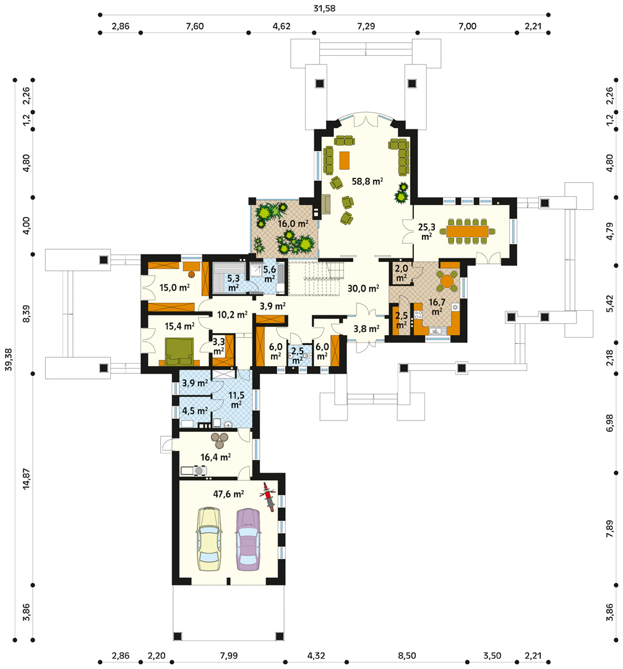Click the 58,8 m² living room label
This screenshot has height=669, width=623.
(x=367, y=181)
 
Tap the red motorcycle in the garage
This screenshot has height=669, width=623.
(x=268, y=497)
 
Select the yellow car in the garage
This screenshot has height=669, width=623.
(x=209, y=539)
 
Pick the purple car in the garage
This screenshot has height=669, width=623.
(x=248, y=540)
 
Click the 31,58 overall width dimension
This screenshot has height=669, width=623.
(x=324, y=8)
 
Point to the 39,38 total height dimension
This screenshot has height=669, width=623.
(x=9, y=360)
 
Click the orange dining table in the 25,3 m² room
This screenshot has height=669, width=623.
(x=468, y=231)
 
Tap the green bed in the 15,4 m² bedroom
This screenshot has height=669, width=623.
(x=179, y=352)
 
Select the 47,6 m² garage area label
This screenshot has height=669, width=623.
(x=228, y=494)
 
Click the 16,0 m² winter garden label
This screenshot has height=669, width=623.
(x=293, y=224)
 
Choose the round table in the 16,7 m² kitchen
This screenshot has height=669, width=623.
(x=447, y=281)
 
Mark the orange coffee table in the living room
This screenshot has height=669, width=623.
(x=345, y=160)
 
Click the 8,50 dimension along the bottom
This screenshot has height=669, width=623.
(x=407, y=655)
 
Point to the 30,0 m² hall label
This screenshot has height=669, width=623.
(x=363, y=289)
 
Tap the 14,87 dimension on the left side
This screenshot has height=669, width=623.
(x=27, y=479)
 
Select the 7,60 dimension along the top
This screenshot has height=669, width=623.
(x=195, y=26)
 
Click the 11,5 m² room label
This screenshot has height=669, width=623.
(x=236, y=400)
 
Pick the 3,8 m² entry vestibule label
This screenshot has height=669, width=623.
(x=366, y=329)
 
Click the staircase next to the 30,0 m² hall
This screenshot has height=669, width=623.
(x=316, y=278)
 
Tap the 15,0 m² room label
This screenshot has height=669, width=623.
(x=174, y=287)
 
